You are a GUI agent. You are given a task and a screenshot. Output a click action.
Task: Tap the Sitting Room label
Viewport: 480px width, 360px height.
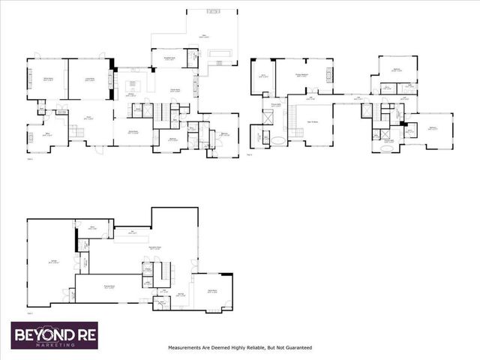tap(47, 79)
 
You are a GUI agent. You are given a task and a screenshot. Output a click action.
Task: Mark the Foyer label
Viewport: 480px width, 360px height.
tap(88, 118)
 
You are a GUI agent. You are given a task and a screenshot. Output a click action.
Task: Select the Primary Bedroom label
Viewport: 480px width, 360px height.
tap(302, 75)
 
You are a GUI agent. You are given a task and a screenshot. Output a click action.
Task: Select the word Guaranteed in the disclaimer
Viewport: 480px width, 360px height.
tap(295, 348)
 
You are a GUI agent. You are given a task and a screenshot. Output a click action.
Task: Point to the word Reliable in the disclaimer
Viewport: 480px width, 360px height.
tap(255, 348)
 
